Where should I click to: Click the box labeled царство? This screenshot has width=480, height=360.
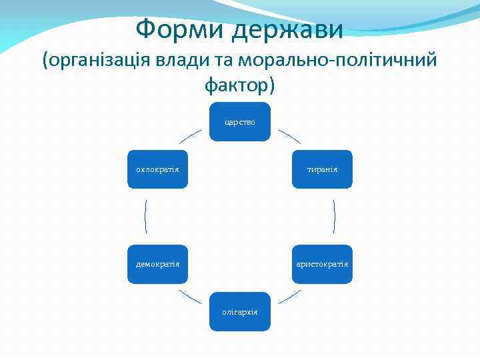click(240, 121)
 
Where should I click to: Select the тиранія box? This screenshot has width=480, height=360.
click(322, 169)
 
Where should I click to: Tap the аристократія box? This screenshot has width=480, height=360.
click(322, 264)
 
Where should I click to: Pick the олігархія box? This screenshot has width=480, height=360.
click(240, 311)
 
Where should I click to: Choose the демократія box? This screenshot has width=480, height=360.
click(158, 264)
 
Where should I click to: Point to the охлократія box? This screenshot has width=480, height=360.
click(158, 169)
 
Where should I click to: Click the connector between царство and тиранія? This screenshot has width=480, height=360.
click(289, 137)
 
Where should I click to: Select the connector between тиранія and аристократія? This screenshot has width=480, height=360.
click(334, 217)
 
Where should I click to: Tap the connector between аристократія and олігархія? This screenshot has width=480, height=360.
click(289, 297)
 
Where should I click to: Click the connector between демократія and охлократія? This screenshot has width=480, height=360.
click(145, 217)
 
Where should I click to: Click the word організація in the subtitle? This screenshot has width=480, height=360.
click(100, 61)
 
